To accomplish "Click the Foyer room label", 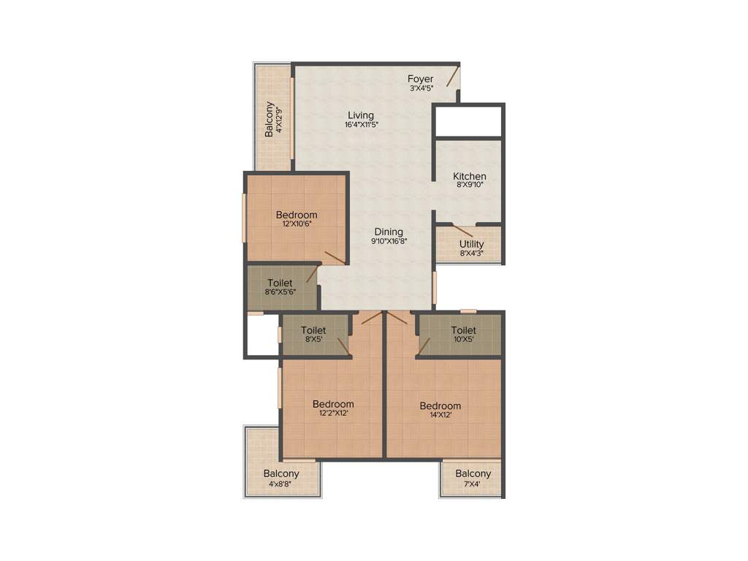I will click(x=420, y=79).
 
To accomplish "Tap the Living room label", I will click(x=361, y=115).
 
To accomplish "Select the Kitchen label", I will click(x=469, y=176).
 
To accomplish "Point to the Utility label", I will click(x=471, y=244).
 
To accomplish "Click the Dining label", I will click(x=389, y=232).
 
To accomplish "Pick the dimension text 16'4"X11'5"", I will click(x=361, y=125).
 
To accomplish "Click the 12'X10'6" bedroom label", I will click(x=296, y=215).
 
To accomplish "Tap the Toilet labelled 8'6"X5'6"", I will click(x=280, y=283).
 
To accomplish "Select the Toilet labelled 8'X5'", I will click(x=313, y=330).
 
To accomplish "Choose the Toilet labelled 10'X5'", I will click(x=463, y=330).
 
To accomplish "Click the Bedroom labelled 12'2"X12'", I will click(x=332, y=404).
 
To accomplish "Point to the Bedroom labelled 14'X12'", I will click(x=440, y=406).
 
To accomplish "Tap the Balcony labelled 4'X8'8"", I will click(x=281, y=474).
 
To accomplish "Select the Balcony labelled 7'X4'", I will click(x=473, y=473).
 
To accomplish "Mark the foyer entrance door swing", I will click(x=453, y=76).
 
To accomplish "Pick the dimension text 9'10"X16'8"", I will click(x=389, y=241).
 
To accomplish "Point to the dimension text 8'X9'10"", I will click(x=469, y=186).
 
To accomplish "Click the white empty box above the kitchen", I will click(x=467, y=121).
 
